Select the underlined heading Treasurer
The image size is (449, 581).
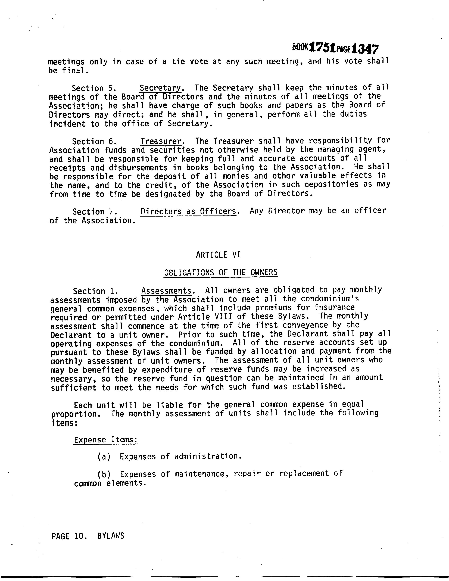(161, 141)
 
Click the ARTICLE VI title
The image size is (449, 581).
(218, 255)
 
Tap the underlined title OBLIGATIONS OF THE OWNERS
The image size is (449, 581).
(221, 272)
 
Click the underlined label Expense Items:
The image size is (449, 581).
(106, 440)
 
